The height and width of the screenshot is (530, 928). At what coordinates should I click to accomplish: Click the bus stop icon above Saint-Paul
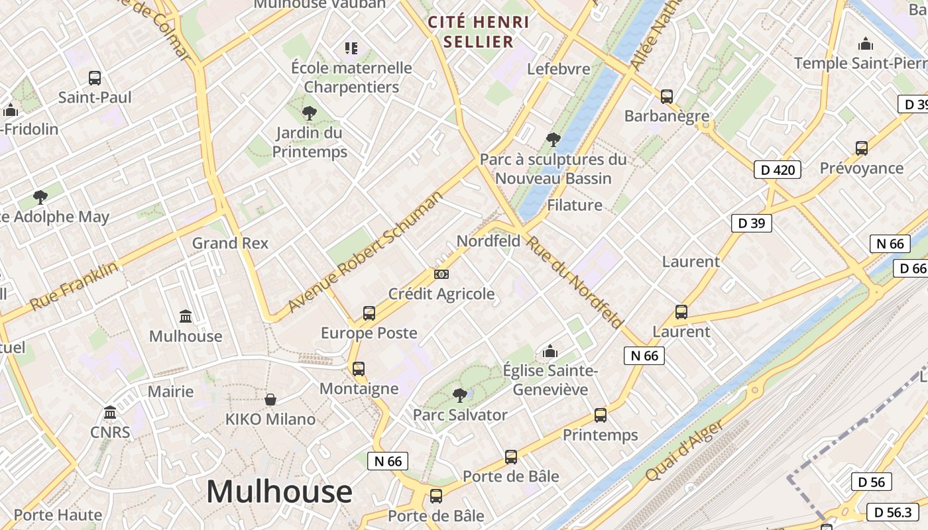click(x=95, y=78)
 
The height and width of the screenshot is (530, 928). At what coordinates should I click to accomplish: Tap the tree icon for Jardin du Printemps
click(x=309, y=113)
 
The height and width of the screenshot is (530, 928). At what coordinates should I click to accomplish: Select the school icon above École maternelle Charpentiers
click(x=351, y=48)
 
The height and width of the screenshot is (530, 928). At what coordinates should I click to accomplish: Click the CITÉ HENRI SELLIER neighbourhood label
click(x=479, y=32)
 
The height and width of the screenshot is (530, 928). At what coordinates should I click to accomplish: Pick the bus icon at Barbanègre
click(x=667, y=96)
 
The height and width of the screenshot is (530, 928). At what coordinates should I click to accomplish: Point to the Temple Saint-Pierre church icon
click(x=865, y=44)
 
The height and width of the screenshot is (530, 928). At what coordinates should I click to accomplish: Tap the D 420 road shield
click(x=778, y=170)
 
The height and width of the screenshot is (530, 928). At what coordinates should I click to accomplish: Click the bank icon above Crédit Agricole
click(x=441, y=274)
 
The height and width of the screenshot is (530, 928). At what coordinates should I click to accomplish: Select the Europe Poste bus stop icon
click(x=369, y=313)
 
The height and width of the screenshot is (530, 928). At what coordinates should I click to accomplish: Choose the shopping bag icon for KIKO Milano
click(x=270, y=399)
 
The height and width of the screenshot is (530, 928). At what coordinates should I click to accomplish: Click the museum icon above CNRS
click(x=111, y=413)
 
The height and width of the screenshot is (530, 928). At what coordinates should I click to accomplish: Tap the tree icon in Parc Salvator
click(x=459, y=396)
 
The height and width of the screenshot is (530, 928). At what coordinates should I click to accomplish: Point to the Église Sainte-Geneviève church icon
click(x=550, y=351)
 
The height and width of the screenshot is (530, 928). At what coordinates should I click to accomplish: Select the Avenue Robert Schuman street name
click(x=365, y=252)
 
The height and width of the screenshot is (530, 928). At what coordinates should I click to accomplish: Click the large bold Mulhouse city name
click(x=279, y=492)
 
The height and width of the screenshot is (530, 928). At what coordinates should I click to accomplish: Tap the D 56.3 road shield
click(x=892, y=512)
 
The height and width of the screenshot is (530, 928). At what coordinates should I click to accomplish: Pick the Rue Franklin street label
click(x=74, y=286)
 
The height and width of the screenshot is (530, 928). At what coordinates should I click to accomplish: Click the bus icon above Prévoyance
click(x=862, y=148)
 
